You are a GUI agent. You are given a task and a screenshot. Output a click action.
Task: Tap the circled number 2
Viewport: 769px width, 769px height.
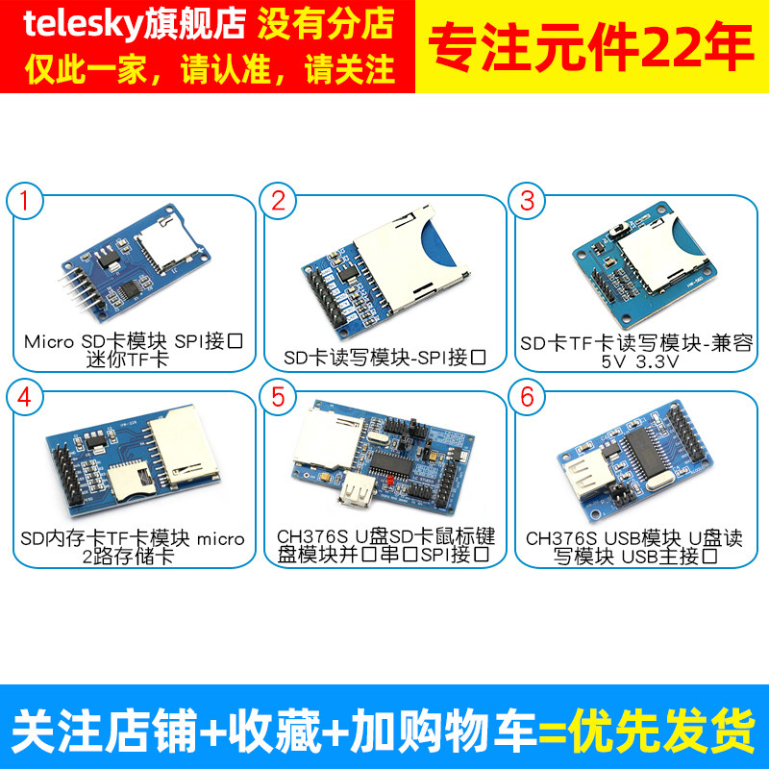click(x=278, y=201)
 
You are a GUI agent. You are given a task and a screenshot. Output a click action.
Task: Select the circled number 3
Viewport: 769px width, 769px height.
click(x=527, y=201)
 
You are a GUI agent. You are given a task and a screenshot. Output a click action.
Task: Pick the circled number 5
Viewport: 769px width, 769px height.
click(x=278, y=396)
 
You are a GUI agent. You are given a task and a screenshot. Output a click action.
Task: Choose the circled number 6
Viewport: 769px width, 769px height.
click(x=527, y=396)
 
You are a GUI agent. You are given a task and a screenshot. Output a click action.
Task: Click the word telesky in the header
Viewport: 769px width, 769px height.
click(x=82, y=24)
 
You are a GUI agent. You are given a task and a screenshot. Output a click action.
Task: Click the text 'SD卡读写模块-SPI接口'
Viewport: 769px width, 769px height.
click(x=384, y=359)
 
